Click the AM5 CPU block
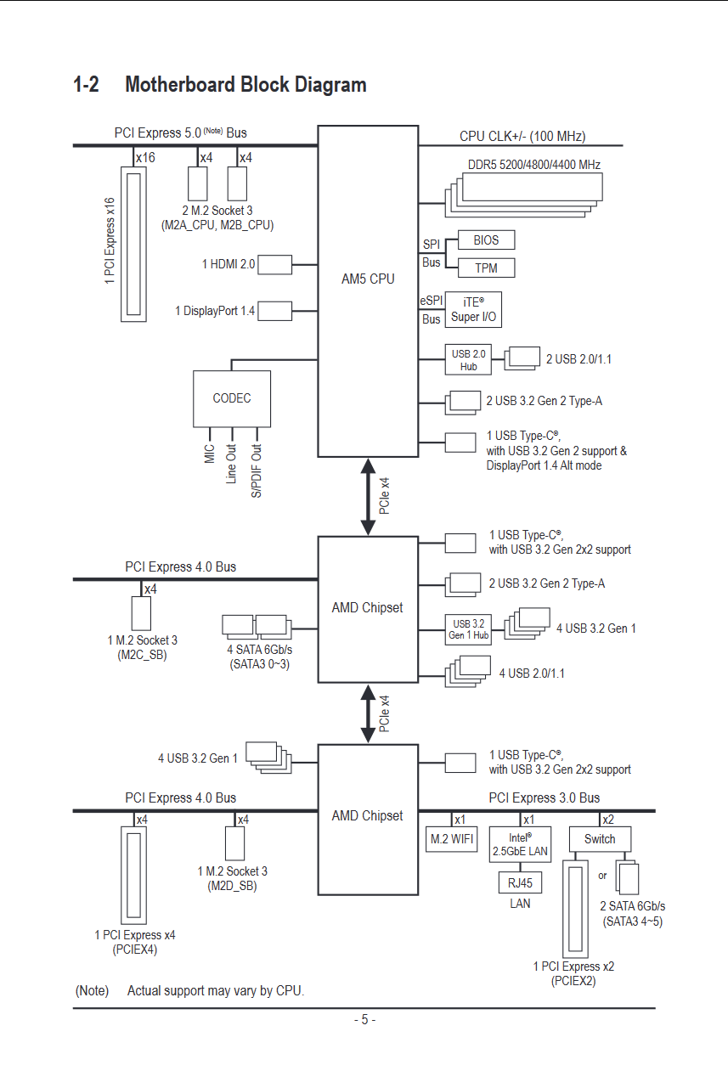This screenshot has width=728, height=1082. pyautogui.click(x=368, y=290)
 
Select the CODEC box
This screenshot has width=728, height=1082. pyautogui.click(x=232, y=398)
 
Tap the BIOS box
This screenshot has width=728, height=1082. pyautogui.click(x=486, y=240)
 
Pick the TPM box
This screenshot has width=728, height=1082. pyautogui.click(x=486, y=268)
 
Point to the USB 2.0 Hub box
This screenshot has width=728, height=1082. pyautogui.click(x=468, y=360)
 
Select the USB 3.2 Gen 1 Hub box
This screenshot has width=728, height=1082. pyautogui.click(x=468, y=629)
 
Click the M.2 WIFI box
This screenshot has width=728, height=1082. pyautogui.click(x=452, y=839)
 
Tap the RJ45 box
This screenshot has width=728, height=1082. pyautogui.click(x=520, y=882)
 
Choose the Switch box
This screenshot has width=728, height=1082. pyautogui.click(x=600, y=839)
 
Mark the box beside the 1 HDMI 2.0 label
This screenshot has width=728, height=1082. pyautogui.click(x=274, y=264)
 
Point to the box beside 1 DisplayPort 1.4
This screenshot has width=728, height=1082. pyautogui.click(x=274, y=311)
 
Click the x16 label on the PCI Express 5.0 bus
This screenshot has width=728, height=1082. pyautogui.click(x=145, y=158)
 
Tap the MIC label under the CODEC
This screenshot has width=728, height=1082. pyautogui.click(x=210, y=454)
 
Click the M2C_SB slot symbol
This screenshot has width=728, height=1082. pyautogui.click(x=141, y=613)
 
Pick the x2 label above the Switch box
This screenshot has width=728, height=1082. pyautogui.click(x=607, y=820)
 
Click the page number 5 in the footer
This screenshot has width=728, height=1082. pyautogui.click(x=364, y=1020)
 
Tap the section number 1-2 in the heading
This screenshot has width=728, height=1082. pyautogui.click(x=87, y=85)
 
